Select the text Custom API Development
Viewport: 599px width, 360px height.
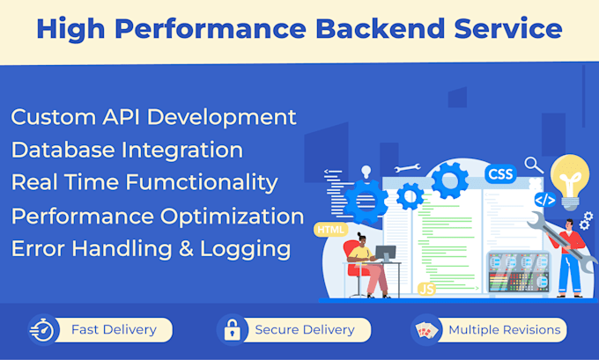click(x=153, y=117)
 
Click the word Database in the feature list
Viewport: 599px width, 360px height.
click(x=62, y=150)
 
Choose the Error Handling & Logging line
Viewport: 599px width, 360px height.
click(x=151, y=248)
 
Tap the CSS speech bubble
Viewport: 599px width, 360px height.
click(x=500, y=173)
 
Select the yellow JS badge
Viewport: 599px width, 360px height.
click(x=426, y=288)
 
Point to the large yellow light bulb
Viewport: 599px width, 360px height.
click(x=569, y=180)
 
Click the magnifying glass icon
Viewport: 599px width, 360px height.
click(x=533, y=165)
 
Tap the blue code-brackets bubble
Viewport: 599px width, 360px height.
click(x=545, y=200)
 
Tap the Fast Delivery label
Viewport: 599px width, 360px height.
click(x=115, y=330)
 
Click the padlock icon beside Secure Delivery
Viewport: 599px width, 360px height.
click(x=231, y=330)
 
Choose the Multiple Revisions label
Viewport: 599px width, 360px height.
click(x=504, y=330)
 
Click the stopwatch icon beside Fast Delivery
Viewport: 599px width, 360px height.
click(x=43, y=330)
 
